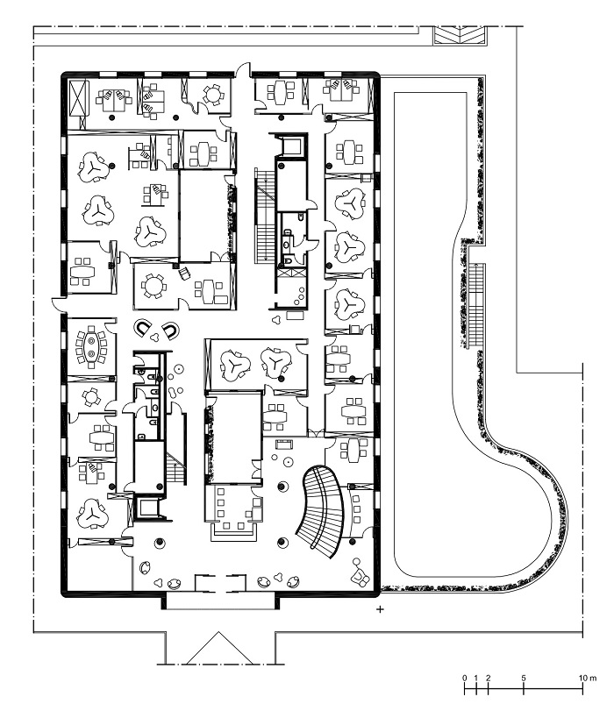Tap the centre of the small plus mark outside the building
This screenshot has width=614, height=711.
[380, 609]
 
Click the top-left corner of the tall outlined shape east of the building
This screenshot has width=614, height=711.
[395, 93]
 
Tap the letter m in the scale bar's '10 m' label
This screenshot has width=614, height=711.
[594, 679]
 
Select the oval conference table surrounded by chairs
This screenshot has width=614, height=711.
[92, 347]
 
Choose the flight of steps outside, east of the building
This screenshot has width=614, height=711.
[476, 305]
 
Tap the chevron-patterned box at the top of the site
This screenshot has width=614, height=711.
[460, 35]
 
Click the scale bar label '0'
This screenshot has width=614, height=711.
[464, 679]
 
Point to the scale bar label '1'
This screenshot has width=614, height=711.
[476, 679]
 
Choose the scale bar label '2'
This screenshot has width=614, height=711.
[489, 679]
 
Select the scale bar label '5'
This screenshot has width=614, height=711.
[524, 679]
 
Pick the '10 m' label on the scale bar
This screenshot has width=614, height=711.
[588, 679]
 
